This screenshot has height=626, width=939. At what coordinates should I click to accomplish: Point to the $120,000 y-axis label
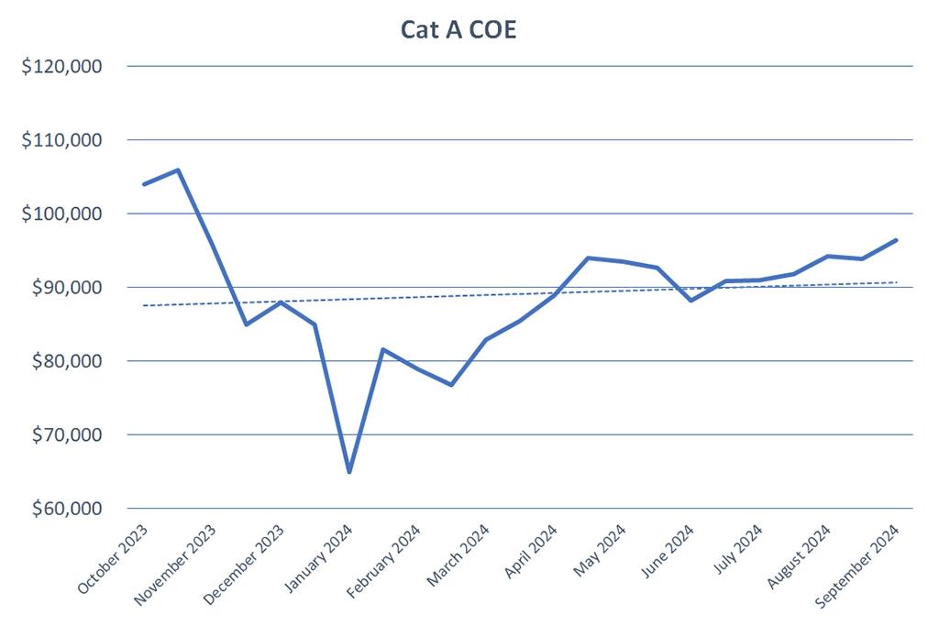[62, 67]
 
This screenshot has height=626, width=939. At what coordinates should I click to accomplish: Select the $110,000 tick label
[62, 140]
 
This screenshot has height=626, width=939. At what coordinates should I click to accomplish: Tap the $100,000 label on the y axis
[62, 214]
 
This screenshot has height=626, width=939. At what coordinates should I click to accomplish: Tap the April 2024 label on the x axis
[531, 555]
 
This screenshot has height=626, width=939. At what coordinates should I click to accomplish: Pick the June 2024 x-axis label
[669, 555]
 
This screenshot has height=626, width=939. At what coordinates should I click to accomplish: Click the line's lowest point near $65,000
[349, 472]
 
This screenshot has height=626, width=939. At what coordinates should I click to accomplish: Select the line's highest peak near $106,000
[178, 170]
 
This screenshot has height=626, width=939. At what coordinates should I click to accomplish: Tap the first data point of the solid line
[144, 184]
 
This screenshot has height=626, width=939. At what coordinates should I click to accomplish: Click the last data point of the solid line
[896, 240]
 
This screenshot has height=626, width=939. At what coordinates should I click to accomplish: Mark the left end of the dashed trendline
[145, 305]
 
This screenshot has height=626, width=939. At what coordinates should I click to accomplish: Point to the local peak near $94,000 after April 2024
[589, 258]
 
